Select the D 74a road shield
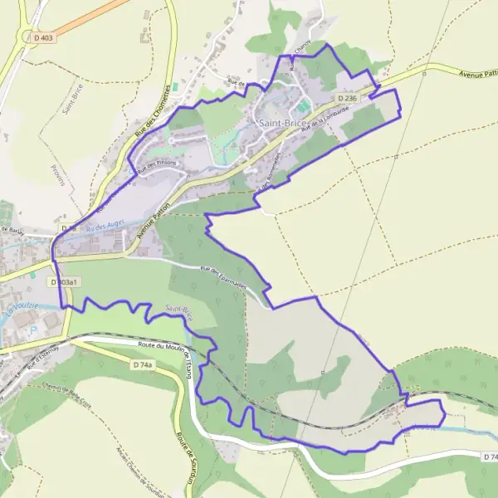(x=143, y=364)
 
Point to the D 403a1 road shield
(x=64, y=282)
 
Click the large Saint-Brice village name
(x=283, y=123)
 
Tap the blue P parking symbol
(x=34, y=330)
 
